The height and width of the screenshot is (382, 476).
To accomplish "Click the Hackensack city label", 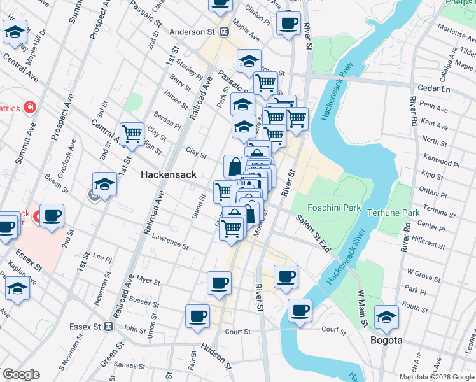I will (x=168, y=174).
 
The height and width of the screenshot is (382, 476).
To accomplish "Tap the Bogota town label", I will (x=386, y=340).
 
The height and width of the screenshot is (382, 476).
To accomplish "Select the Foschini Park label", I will (x=334, y=208).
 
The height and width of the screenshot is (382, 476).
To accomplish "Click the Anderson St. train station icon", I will (x=224, y=31).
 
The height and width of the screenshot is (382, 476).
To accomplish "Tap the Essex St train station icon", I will (x=109, y=327).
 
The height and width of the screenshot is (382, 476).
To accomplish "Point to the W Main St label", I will (x=362, y=308).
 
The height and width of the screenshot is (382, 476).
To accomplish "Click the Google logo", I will (x=21, y=374).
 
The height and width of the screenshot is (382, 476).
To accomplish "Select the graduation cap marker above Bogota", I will (x=386, y=316).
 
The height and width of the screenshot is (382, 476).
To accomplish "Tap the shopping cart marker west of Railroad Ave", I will (x=132, y=134).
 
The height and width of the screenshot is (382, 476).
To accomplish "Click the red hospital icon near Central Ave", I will (x=29, y=107).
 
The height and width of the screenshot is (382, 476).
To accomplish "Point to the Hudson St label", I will (x=216, y=356).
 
